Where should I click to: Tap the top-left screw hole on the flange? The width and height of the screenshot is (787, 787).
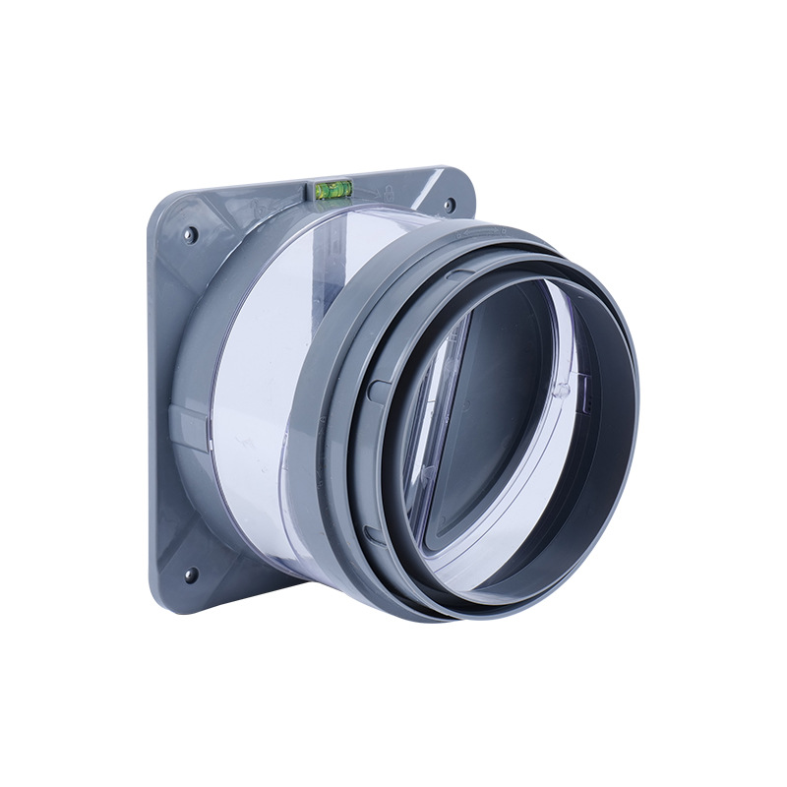[x=191, y=234]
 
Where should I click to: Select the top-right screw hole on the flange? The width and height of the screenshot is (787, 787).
[x=449, y=206]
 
